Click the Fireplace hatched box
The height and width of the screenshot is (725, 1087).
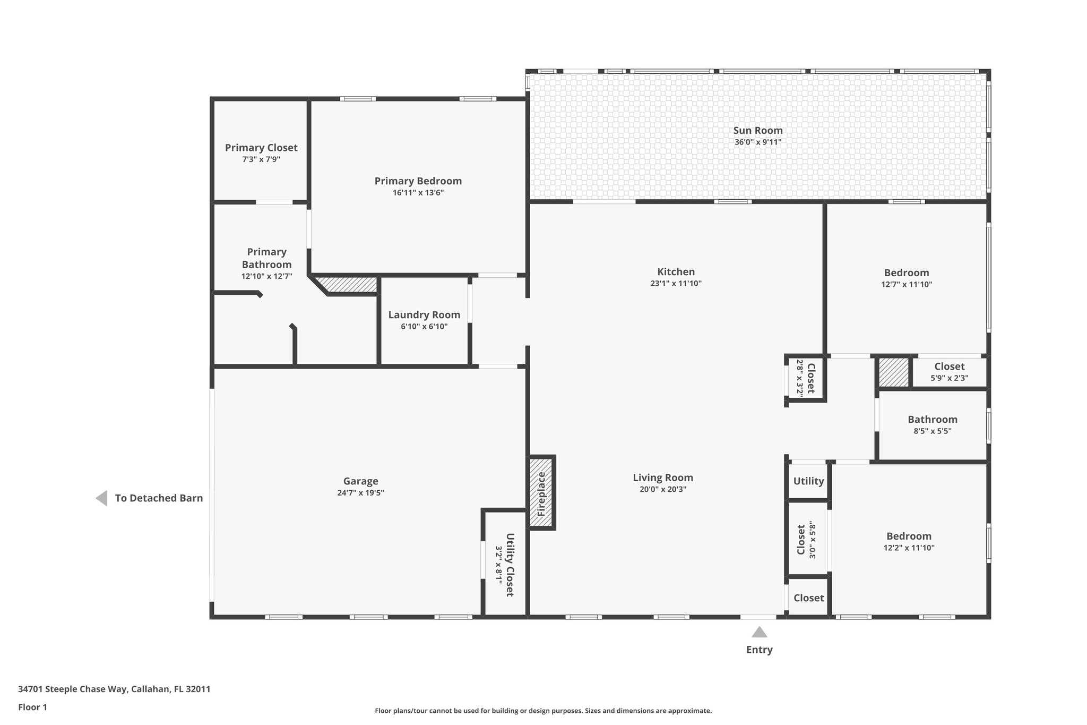coord(542,492)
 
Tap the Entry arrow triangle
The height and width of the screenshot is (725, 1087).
coord(759,632)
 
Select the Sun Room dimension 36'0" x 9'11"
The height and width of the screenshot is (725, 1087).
coord(758,142)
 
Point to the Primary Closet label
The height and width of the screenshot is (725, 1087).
coord(261,148)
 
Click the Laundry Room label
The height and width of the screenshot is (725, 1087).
coord(424,314)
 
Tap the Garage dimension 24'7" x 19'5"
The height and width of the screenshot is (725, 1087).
coord(360,493)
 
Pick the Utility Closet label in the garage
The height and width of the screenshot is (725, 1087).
coord(509,565)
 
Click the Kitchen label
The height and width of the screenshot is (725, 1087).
coord(676,272)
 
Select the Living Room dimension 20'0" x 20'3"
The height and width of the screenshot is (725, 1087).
coord(663,490)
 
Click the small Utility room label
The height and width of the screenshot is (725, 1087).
coord(808,481)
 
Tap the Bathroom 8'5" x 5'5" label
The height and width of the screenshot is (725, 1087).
coord(932,420)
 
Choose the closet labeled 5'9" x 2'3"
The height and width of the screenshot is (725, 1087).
coord(949,372)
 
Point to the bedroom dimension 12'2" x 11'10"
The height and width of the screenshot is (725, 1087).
coord(909,548)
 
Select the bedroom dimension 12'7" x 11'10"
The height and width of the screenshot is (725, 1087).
coord(907,285)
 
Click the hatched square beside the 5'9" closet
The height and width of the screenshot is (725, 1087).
coord(893,372)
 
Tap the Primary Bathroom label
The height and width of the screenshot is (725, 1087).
coord(266,258)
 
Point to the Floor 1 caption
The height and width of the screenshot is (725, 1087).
coord(32,707)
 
